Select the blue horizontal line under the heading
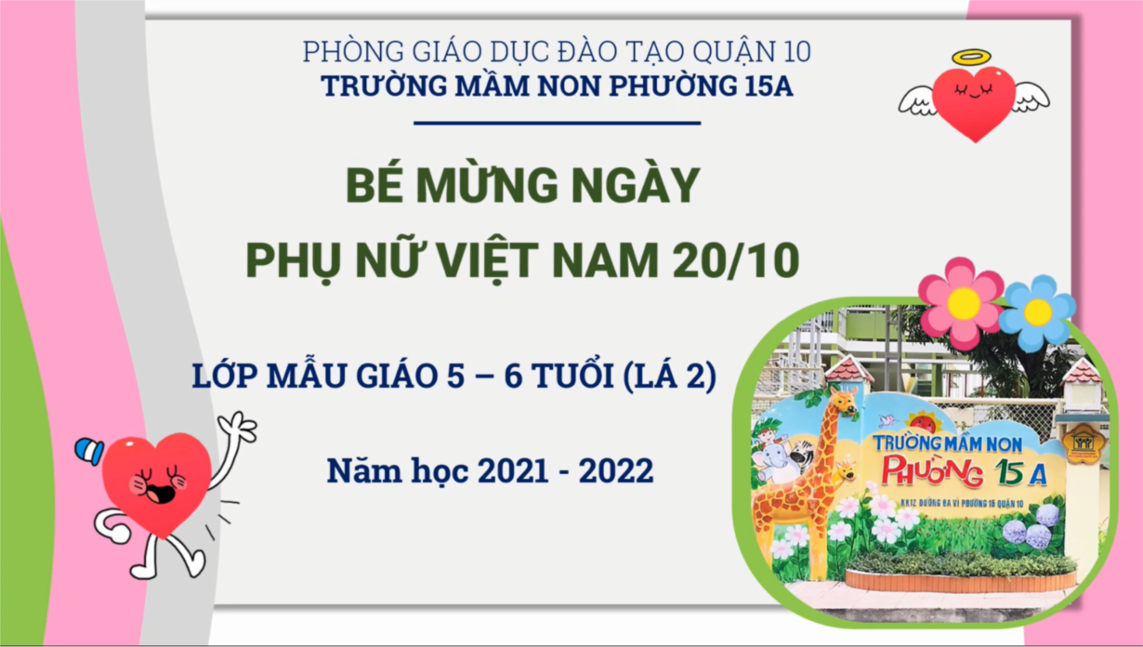pyautogui.click(x=558, y=123)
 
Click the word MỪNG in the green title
pyautogui.click(x=487, y=185)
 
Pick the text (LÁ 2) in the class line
pyautogui.click(x=669, y=376)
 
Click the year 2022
pyautogui.click(x=616, y=470)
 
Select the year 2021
pyautogui.click(x=513, y=470)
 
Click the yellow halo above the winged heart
pyautogui.click(x=972, y=57)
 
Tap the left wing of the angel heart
pyautogui.click(x=917, y=100)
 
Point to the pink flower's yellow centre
pyautogui.click(x=964, y=304)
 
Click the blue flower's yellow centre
pyautogui.click(x=1038, y=312)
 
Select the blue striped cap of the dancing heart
pyautogui.click(x=89, y=451)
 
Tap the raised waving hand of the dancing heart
pyautogui.click(x=238, y=426)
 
